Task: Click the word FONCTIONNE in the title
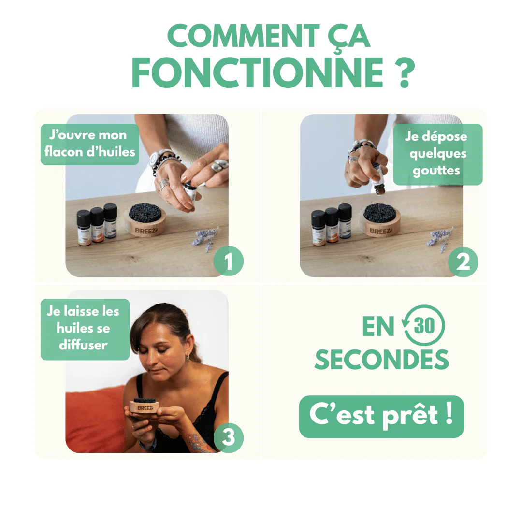coord(257,72)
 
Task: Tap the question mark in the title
coord(405,73)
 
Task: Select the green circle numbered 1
coord(228,261)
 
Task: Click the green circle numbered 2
coord(463,262)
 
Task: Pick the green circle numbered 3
coord(228,437)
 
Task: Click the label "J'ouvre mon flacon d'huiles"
coord(90,144)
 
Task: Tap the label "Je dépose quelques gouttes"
coord(438,154)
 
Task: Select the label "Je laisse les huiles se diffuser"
coord(85,329)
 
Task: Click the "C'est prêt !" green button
coord(381,417)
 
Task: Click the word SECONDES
coord(381,360)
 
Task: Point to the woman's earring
coord(188,358)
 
